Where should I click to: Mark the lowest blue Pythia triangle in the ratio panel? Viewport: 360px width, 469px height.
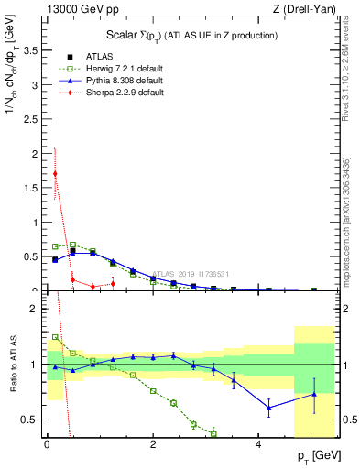(268, 408)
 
